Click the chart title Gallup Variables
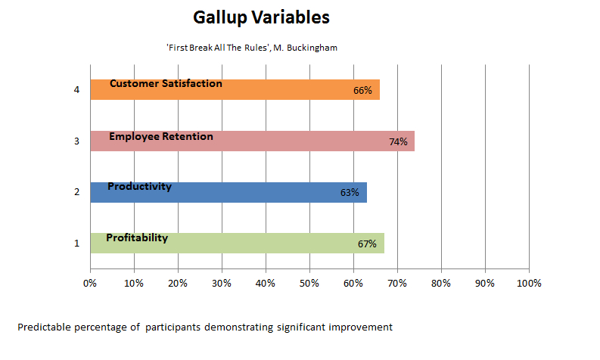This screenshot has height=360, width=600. pyautogui.click(x=261, y=17)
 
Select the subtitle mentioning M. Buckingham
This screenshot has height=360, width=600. pyautogui.click(x=252, y=48)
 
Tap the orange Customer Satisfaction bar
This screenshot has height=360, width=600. pyautogui.click(x=235, y=89)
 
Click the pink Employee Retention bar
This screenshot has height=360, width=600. pyautogui.click(x=253, y=141)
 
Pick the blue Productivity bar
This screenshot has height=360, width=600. pyautogui.click(x=228, y=192)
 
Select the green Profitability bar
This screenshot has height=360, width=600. pyautogui.click(x=238, y=243)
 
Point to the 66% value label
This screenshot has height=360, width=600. pyautogui.click(x=362, y=90)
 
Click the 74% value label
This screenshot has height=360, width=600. pyautogui.click(x=398, y=142)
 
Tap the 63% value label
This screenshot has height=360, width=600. pyautogui.click(x=350, y=192)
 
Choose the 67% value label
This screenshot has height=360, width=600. pyautogui.click(x=367, y=244)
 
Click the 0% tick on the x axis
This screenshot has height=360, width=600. pyautogui.click(x=90, y=284)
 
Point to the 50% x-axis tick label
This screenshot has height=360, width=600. pyautogui.click(x=309, y=284)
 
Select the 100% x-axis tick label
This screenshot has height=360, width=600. pyautogui.click(x=529, y=284)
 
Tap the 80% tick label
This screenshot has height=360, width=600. pyautogui.click(x=441, y=284)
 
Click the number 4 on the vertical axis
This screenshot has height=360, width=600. pyautogui.click(x=76, y=90)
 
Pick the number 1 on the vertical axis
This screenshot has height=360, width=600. pyautogui.click(x=76, y=244)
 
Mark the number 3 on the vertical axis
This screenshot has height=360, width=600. pyautogui.click(x=76, y=141)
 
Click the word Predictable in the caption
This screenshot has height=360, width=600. pyautogui.click(x=45, y=327)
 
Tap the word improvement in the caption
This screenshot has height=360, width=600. pyautogui.click(x=360, y=327)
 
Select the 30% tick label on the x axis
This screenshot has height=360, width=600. pyautogui.click(x=222, y=284)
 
